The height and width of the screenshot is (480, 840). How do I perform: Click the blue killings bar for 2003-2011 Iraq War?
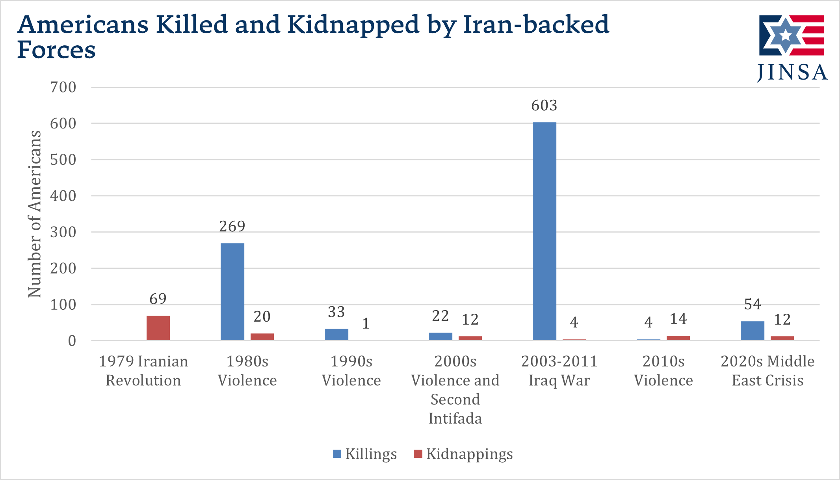[545, 231]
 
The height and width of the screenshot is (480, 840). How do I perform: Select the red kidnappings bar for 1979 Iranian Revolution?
[158, 328]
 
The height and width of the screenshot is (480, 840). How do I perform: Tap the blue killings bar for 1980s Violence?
[232, 292]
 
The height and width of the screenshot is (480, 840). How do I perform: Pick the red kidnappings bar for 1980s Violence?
[262, 337]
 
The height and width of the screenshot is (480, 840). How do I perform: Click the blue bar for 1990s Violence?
[336, 334]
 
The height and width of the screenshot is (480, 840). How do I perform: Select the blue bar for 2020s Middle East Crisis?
[753, 331]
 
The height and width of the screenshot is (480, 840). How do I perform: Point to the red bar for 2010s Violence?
[678, 338]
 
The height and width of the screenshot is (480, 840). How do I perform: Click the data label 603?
[544, 106]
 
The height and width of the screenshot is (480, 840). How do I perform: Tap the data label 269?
[232, 227]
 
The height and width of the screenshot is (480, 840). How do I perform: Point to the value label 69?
[158, 299]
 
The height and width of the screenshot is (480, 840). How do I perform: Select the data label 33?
[336, 312]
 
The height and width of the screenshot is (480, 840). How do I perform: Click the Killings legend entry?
[365, 454]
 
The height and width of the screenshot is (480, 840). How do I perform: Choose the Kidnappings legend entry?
[463, 454]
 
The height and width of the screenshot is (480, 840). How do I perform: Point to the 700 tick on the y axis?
[63, 87]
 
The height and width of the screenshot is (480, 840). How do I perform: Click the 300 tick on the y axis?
[63, 232]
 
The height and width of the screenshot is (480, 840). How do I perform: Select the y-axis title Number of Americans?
[35, 214]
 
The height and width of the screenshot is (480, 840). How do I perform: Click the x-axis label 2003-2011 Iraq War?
[559, 370]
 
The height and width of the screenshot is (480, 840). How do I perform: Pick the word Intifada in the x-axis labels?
[455, 419]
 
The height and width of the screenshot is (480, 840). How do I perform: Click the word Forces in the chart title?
[56, 50]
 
